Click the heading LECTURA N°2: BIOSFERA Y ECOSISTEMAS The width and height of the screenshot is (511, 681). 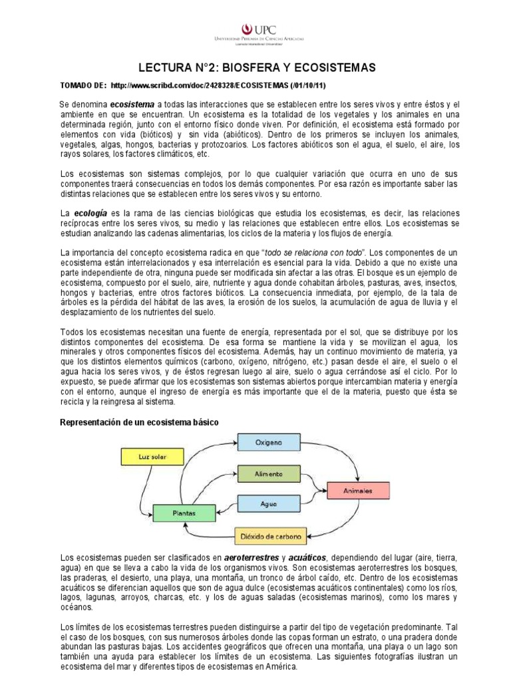click(257, 68)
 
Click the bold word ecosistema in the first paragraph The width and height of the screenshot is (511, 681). click(132, 105)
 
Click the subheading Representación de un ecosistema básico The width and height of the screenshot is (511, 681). click(138, 423)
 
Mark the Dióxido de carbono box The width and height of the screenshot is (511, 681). click(270, 535)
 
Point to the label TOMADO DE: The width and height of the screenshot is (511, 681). click(83, 86)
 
